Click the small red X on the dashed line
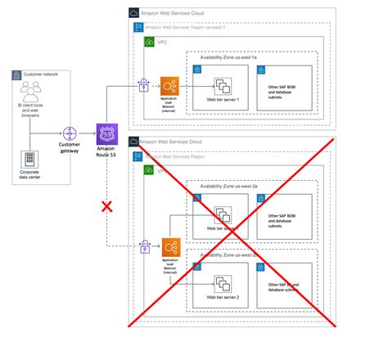[x=106, y=205]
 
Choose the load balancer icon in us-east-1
[x=170, y=85]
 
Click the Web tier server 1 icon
[x=223, y=85]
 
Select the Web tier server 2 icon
[x=223, y=285]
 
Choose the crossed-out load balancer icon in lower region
[x=170, y=245]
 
